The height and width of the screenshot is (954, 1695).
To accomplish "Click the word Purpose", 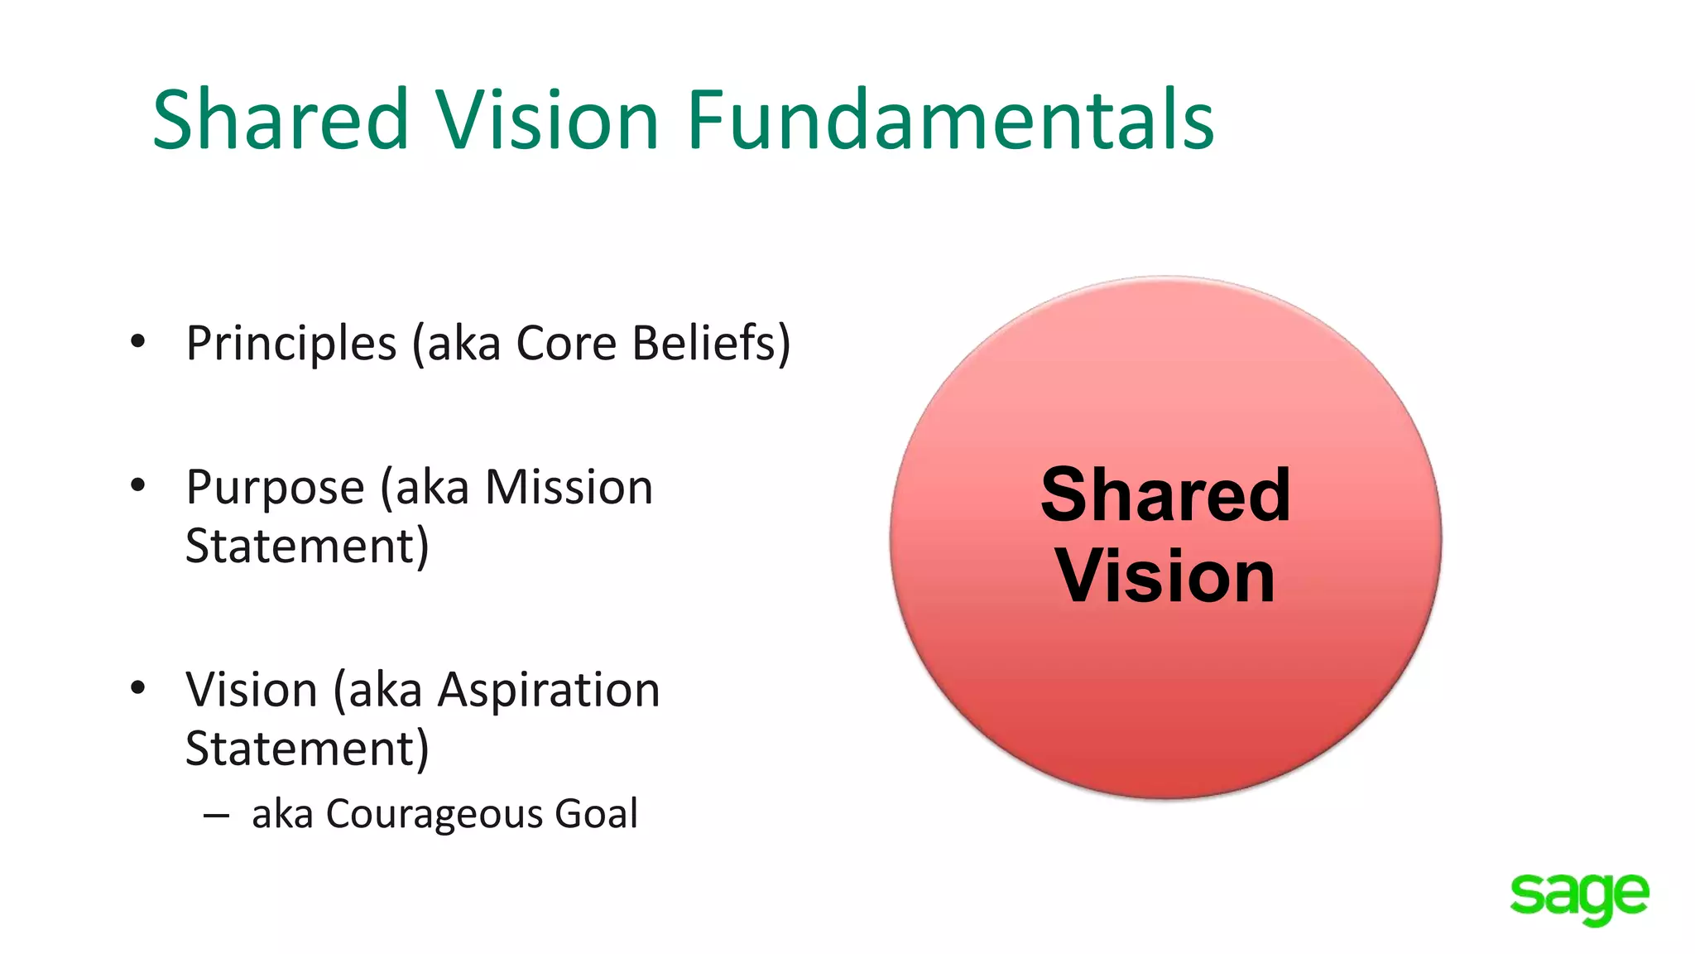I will click(275, 488).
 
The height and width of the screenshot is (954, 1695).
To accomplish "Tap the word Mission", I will click(569, 487).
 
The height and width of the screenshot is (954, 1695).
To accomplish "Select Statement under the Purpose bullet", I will click(307, 546).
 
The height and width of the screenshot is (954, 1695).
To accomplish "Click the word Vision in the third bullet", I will click(252, 690).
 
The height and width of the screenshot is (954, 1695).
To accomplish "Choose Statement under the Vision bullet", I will click(307, 749).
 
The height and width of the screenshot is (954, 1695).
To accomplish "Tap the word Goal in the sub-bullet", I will click(596, 813).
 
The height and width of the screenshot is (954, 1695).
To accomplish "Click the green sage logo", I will click(1579, 898).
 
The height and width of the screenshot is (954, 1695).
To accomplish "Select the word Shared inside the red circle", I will click(1165, 494).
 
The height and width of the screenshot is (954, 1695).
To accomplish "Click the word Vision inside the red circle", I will click(1165, 576).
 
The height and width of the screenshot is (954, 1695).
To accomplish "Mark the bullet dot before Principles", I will click(138, 341).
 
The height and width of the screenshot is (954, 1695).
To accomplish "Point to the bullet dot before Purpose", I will click(138, 485).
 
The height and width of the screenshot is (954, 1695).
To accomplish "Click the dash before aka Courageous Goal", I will click(216, 816).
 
